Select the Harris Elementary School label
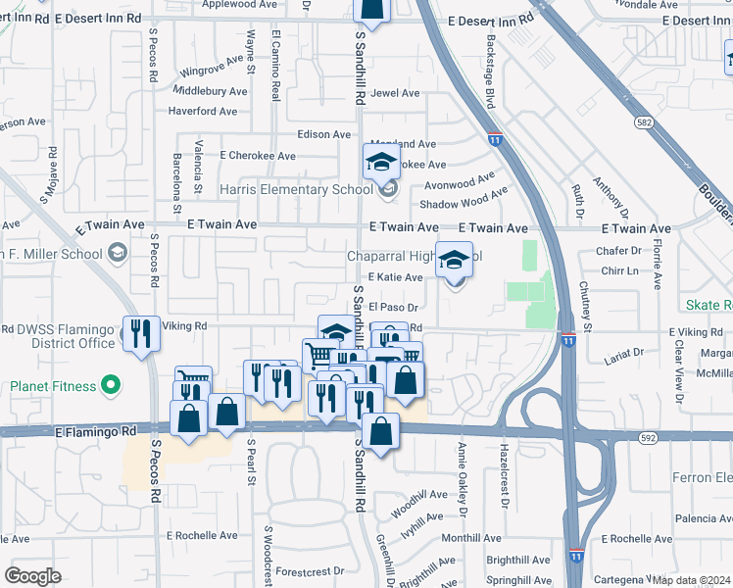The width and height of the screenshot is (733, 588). coord(296,189)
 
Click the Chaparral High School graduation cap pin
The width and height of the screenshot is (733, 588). coord(454,261)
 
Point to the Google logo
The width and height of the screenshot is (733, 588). coord(32,576)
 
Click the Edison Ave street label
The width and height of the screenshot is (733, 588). coord(323,134)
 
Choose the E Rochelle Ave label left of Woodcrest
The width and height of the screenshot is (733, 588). coord(202,536)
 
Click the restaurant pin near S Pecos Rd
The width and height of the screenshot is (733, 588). coord(141,334)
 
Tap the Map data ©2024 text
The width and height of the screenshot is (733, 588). coord(692,579)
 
